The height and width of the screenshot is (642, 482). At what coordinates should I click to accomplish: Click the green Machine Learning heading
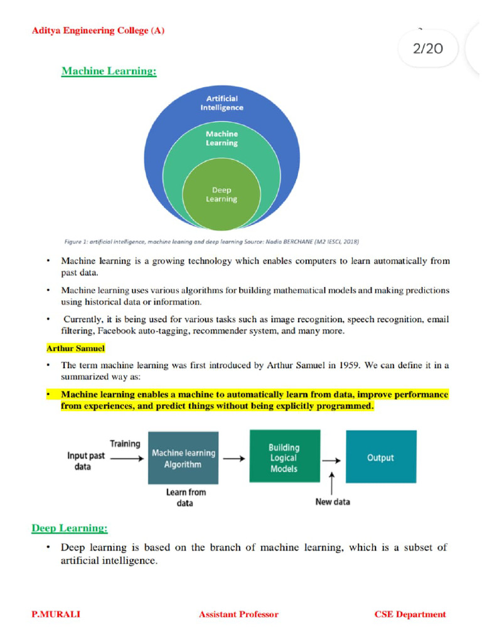click(x=109, y=71)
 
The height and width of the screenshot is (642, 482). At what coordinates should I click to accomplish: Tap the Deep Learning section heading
click(x=70, y=529)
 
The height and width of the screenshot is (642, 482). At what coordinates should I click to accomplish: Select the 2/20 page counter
click(x=428, y=48)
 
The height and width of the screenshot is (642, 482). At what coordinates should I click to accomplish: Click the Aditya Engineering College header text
click(x=98, y=31)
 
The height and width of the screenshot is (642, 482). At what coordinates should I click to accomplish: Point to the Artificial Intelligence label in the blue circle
click(x=222, y=103)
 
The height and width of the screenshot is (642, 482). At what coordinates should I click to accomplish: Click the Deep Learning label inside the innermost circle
click(x=222, y=194)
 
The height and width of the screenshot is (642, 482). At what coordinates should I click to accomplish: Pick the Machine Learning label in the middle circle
click(x=222, y=139)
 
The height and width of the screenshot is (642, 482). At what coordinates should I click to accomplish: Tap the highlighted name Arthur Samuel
click(x=75, y=347)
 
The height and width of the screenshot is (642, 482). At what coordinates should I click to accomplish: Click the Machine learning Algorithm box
click(x=183, y=458)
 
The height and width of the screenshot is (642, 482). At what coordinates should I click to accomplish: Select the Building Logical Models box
click(x=284, y=458)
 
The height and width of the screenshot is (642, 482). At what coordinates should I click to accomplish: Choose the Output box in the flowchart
click(x=380, y=458)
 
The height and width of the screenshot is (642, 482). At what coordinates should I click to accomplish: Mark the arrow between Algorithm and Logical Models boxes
click(x=234, y=458)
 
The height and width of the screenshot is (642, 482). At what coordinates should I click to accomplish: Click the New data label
click(x=333, y=502)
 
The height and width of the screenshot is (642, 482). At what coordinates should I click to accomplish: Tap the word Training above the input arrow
click(x=125, y=444)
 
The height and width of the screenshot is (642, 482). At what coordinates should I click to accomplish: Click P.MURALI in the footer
click(x=56, y=614)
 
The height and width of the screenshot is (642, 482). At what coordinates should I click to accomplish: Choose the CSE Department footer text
click(x=410, y=614)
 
